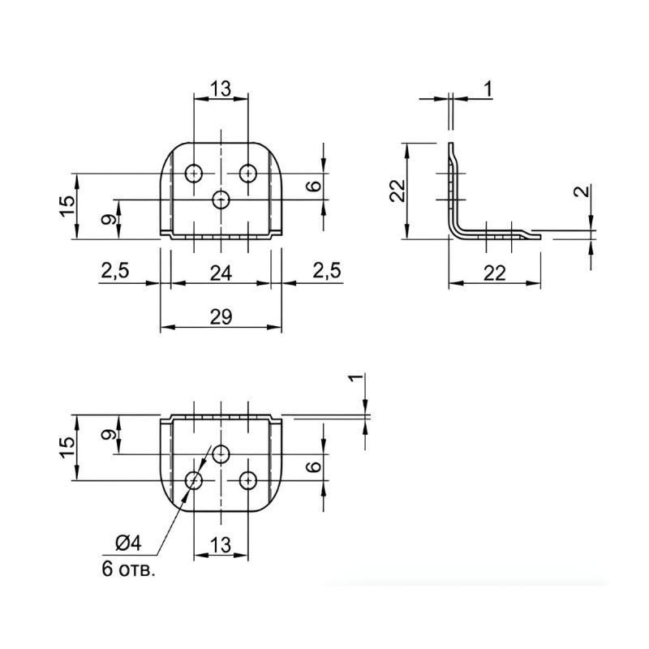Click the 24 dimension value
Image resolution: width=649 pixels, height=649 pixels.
pyautogui.click(x=221, y=273)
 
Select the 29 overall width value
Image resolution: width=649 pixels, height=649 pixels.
pyautogui.click(x=221, y=317)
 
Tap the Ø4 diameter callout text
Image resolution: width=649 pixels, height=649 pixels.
pyautogui.click(x=128, y=543)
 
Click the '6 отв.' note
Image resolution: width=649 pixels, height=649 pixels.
pyautogui.click(x=129, y=569)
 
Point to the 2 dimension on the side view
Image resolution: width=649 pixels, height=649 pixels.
pyautogui.click(x=582, y=191)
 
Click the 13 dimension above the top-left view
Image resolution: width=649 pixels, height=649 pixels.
pyautogui.click(x=221, y=88)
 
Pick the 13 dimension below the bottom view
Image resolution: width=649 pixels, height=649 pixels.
pyautogui.click(x=221, y=544)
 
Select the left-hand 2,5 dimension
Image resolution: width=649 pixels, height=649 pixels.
pyautogui.click(x=115, y=270)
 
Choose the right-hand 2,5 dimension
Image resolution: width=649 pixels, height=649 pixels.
pyautogui.click(x=327, y=270)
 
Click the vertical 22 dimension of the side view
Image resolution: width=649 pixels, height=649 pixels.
pyautogui.click(x=398, y=191)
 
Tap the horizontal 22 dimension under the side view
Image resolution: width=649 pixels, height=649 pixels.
pyautogui.click(x=495, y=273)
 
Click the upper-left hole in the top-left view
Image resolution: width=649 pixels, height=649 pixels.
pyautogui.click(x=194, y=173)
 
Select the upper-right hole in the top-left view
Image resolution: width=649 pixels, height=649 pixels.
pyautogui.click(x=248, y=173)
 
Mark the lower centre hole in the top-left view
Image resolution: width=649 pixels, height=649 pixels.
pyautogui.click(x=221, y=200)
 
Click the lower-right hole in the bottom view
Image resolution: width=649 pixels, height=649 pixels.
pyautogui.click(x=248, y=480)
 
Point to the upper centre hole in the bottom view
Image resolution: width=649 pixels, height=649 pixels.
pyautogui.click(x=221, y=454)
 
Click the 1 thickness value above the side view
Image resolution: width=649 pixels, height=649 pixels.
pyautogui.click(x=489, y=88)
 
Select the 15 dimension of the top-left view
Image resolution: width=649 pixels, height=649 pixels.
pyautogui.click(x=69, y=206)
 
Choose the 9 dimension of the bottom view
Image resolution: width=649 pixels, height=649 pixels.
pyautogui.click(x=108, y=435)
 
